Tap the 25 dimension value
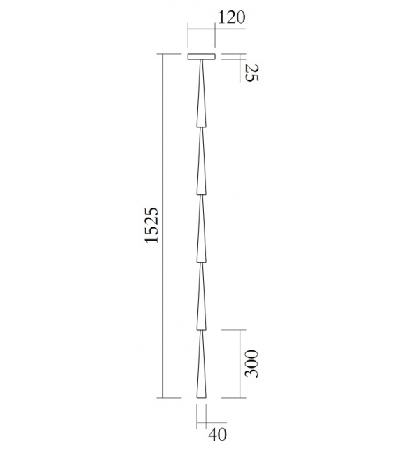click(x=248, y=72)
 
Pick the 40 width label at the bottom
click(x=218, y=434)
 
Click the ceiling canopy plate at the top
click(x=201, y=57)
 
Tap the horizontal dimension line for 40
click(x=201, y=421)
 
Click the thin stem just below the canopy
click(x=201, y=66)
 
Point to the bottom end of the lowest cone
click(x=201, y=396)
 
